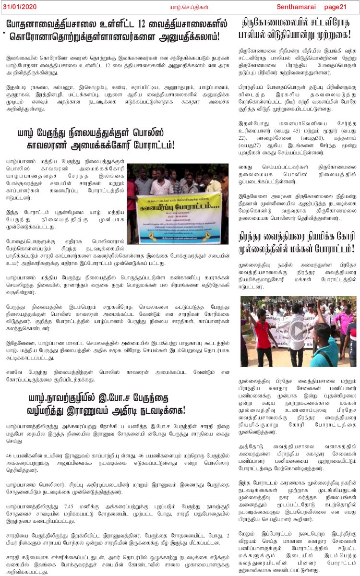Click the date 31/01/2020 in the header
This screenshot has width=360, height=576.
point(19,6)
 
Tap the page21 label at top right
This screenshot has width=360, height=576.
point(335,6)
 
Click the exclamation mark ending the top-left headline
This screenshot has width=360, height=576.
point(217,36)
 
